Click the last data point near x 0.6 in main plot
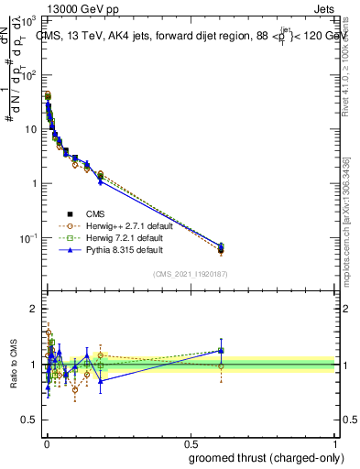[x=221, y=248]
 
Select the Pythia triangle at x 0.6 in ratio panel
[x=221, y=350]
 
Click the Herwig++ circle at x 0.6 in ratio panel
[x=221, y=365]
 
